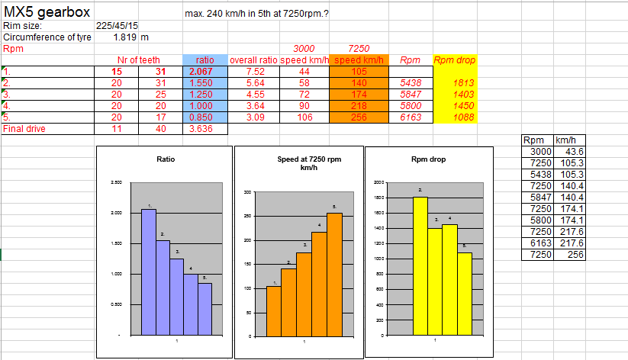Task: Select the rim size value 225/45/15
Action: [x=117, y=24]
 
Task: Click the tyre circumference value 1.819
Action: [x=125, y=36]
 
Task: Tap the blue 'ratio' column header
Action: [x=205, y=59]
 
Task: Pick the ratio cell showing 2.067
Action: [x=205, y=71]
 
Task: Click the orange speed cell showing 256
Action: [x=359, y=117]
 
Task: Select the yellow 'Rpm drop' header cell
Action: [x=456, y=59]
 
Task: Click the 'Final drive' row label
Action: [x=25, y=129]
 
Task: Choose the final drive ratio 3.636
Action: [x=205, y=129]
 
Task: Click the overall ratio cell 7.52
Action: [x=254, y=71]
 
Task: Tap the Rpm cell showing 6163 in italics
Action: [x=411, y=117]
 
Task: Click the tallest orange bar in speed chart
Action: [x=333, y=273]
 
